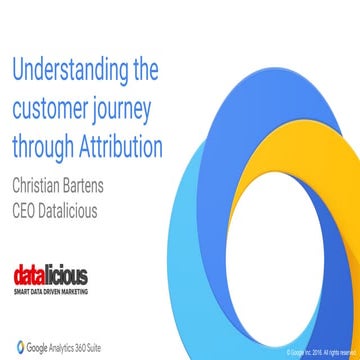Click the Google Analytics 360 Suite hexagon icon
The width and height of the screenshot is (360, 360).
(18, 345)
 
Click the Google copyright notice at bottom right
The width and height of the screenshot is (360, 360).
(320, 353)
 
